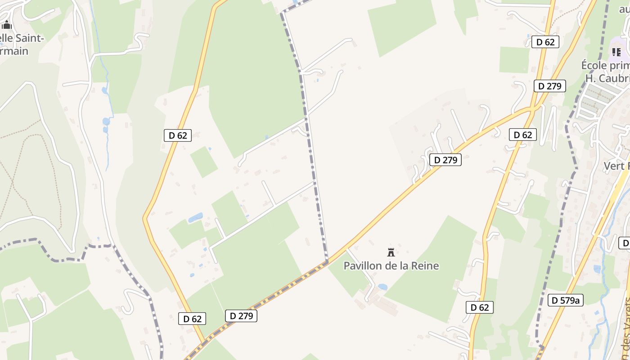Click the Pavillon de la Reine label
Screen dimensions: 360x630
click(391, 265)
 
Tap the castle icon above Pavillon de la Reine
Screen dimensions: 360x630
click(391, 252)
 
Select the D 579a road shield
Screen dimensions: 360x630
click(565, 300)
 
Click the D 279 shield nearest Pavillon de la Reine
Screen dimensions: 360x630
click(445, 160)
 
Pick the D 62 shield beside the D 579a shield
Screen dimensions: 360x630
click(479, 307)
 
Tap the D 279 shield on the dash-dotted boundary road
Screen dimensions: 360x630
click(241, 316)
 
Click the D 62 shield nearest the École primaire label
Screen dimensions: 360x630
click(545, 42)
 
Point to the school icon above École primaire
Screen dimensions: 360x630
click(616, 52)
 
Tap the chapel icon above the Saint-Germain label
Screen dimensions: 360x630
click(6, 25)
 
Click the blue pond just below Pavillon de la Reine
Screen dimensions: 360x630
click(382, 287)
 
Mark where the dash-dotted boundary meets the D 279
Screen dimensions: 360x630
click(327, 261)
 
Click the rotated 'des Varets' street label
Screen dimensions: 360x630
click(626, 324)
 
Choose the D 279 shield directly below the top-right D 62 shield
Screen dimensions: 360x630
click(549, 86)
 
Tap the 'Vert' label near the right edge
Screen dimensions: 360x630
click(615, 166)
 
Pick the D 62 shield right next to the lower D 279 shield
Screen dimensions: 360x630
click(192, 319)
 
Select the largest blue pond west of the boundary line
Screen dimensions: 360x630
click(195, 218)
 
